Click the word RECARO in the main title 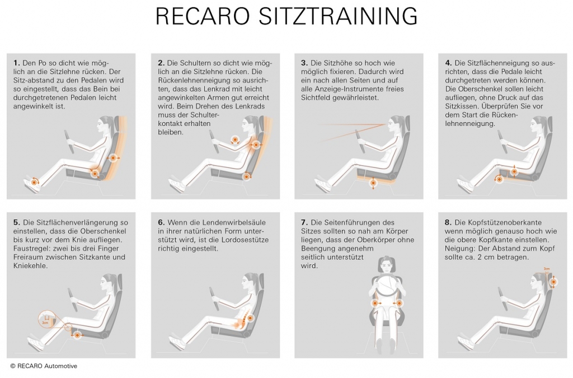[203, 16]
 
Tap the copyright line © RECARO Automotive [44, 366]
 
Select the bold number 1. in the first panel [16, 63]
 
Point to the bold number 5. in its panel [17, 222]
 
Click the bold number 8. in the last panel [448, 222]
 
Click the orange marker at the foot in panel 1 [34, 181]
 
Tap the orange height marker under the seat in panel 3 [373, 183]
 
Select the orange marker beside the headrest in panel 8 [553, 282]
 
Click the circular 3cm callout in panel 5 [46, 318]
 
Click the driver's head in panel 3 [396, 124]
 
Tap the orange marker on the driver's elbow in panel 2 [234, 139]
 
